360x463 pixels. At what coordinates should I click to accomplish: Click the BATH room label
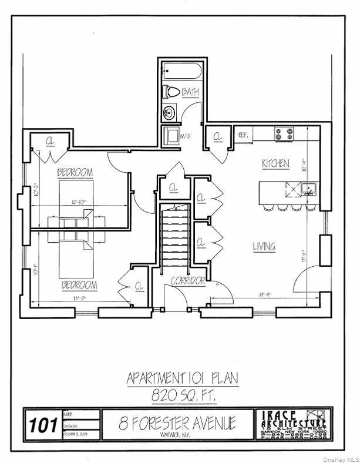[x=190, y=92]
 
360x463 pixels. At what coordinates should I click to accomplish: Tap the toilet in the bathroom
[x=172, y=92]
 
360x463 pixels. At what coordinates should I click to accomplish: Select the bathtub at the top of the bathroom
[x=181, y=72]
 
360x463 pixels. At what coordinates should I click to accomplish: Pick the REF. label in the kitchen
[x=243, y=135]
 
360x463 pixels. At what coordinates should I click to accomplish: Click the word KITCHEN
[x=275, y=163]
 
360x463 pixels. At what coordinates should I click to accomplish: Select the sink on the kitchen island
[x=309, y=189]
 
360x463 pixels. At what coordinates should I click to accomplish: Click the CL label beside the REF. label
[x=218, y=136]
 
